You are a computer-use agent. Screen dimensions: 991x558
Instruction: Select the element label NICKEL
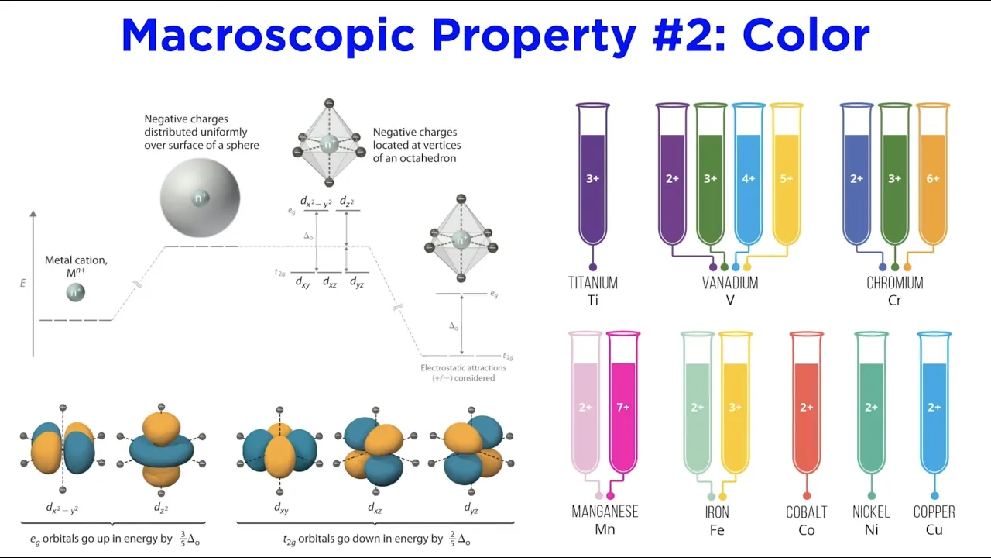[x=871, y=512]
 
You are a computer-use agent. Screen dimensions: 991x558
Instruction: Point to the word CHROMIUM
[x=895, y=283]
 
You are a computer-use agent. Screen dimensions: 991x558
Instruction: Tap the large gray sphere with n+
[x=201, y=198]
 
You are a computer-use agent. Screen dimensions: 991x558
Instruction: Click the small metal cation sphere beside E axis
[x=75, y=292]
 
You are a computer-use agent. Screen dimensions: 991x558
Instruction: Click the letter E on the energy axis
[x=23, y=284]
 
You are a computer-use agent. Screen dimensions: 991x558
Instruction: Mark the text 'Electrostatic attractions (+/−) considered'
[x=464, y=373]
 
